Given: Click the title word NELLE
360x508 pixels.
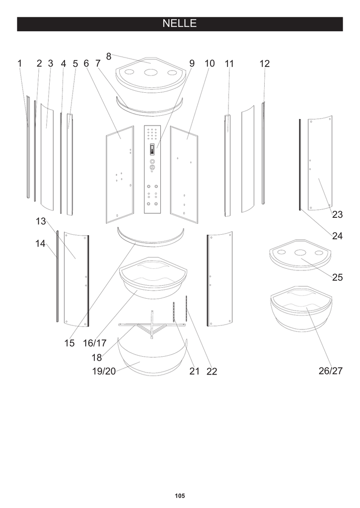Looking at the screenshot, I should (x=180, y=24).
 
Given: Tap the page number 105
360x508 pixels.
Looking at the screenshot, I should (x=180, y=496).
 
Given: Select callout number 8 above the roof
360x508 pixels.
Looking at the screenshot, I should (x=109, y=56).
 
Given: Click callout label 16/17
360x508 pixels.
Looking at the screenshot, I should (x=95, y=343).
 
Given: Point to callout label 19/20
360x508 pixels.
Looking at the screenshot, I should (x=103, y=371).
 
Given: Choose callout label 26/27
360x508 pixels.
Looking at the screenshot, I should (x=331, y=371).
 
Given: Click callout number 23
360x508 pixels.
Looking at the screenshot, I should (x=338, y=215).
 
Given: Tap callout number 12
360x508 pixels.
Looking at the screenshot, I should (x=265, y=63).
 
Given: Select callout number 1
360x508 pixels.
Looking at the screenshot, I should (x=20, y=63).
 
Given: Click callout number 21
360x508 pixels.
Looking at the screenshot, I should (x=194, y=371).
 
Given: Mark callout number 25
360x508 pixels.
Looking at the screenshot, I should (x=338, y=277).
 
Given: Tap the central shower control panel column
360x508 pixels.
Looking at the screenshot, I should (x=153, y=169).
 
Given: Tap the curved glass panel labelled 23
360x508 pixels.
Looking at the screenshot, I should (x=321, y=164).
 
